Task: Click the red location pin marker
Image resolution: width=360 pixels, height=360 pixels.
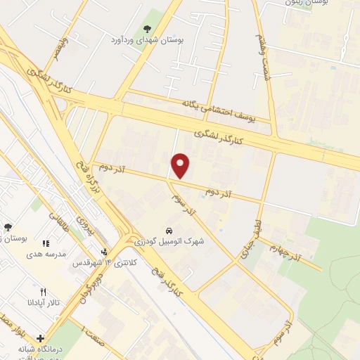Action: tap(181, 165)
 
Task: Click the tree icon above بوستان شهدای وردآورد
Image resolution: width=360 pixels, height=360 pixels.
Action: tap(146, 29)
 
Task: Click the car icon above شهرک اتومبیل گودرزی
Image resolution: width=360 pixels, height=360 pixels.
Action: tap(169, 231)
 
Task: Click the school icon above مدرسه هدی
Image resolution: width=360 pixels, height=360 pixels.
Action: tap(46, 244)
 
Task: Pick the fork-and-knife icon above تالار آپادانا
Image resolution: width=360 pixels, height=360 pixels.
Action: tap(44, 292)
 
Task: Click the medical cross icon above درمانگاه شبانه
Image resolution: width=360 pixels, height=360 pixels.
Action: tap(40, 339)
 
